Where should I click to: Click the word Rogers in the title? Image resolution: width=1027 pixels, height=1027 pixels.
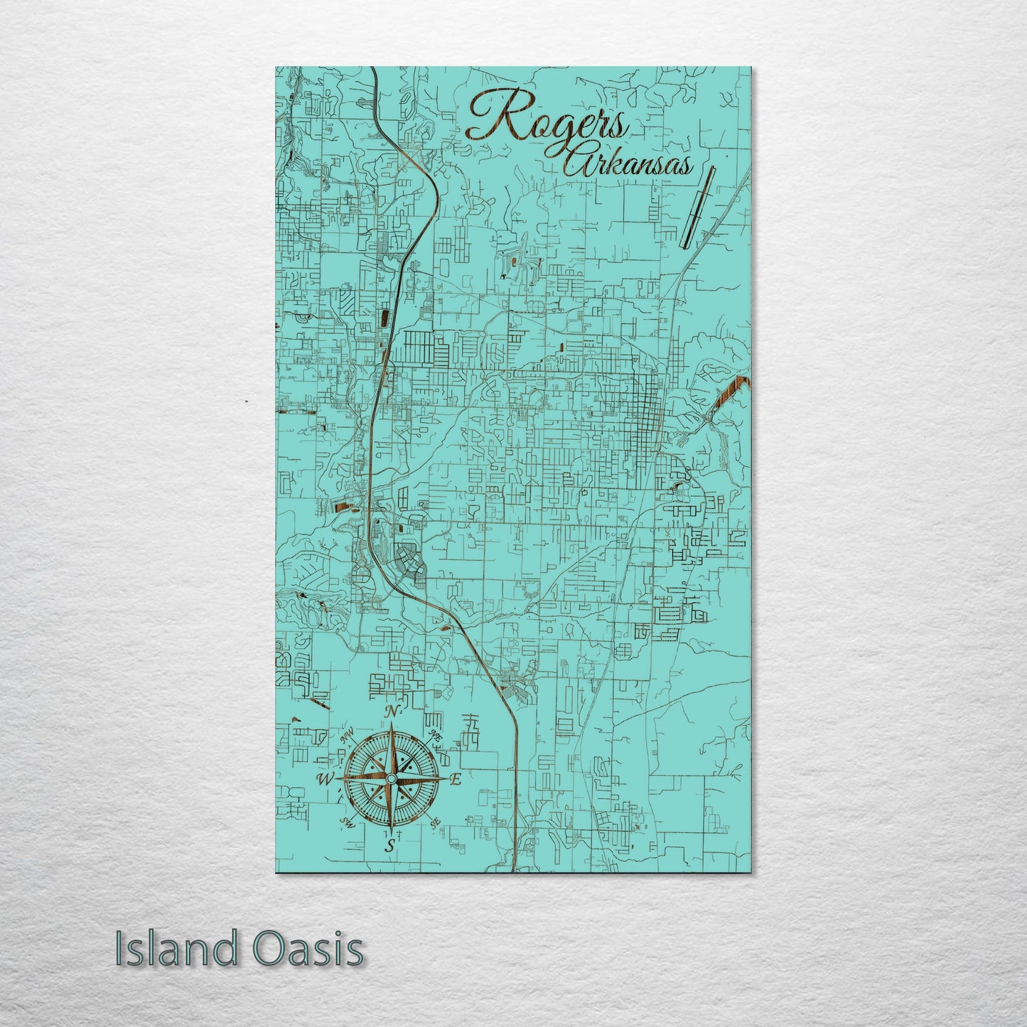[547, 119]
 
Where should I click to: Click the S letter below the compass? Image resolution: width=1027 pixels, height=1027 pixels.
[389, 846]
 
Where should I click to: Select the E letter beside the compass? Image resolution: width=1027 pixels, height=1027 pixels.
[456, 780]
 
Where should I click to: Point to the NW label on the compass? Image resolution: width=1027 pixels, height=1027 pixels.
[348, 739]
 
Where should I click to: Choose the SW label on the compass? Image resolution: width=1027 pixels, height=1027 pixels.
[348, 822]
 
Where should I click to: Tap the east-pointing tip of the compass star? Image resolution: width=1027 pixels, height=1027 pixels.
[446, 780]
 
